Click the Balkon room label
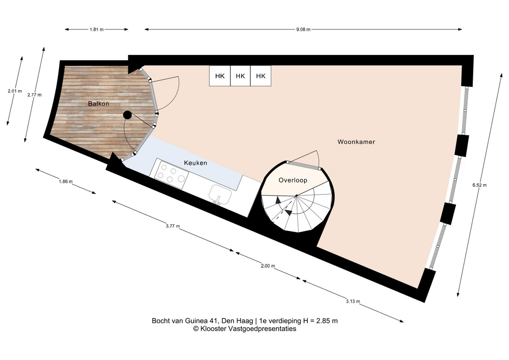(99, 104)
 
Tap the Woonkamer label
(356, 142)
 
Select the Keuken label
(195, 163)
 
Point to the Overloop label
(293, 180)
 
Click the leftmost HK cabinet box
(220, 76)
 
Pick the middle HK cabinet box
(240, 76)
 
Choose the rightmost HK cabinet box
(261, 76)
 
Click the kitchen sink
(220, 194)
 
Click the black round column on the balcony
(127, 115)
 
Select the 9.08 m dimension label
(303, 30)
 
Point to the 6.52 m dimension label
(479, 185)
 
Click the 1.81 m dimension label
(96, 30)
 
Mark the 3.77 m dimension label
(173, 226)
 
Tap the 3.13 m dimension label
(353, 301)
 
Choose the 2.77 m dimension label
(34, 95)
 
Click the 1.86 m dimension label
(66, 181)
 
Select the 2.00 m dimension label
(268, 266)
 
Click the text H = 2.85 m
(320, 321)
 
